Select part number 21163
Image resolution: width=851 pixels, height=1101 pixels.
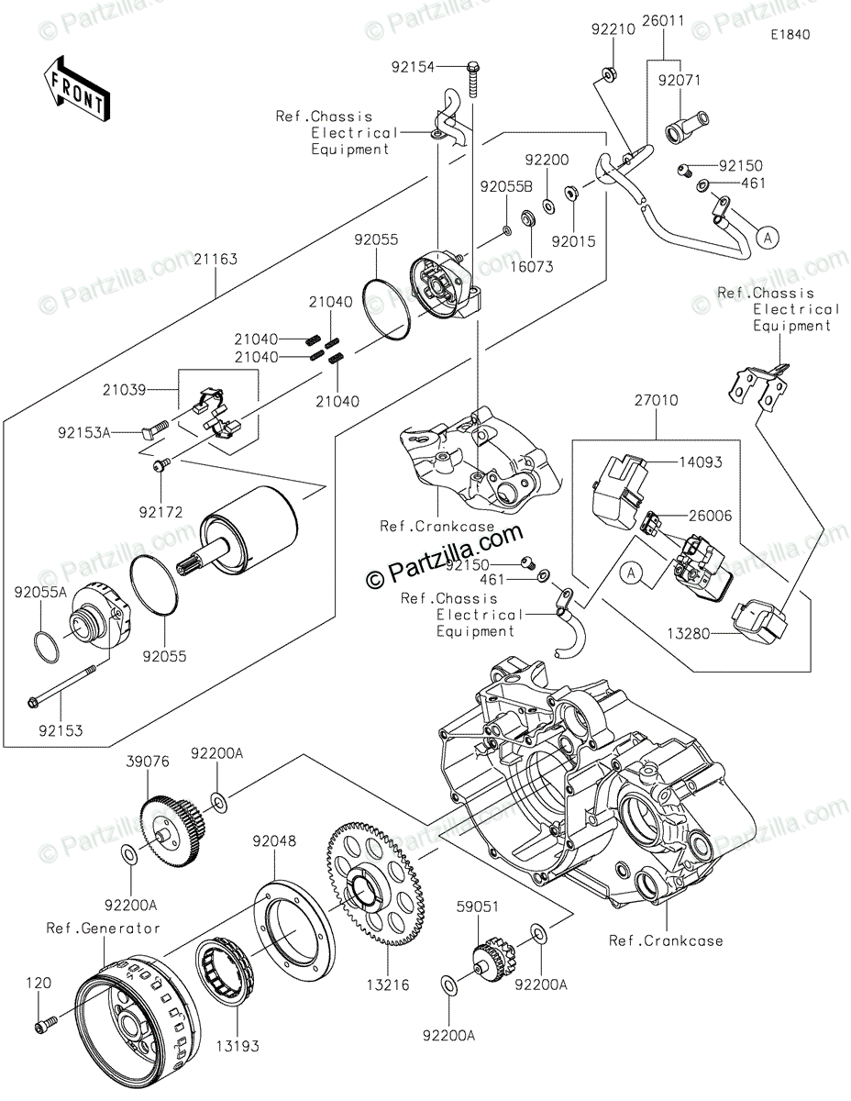coord(216,260)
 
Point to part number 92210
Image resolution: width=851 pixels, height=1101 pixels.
coord(613,29)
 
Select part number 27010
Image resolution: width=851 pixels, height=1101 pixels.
coord(656,401)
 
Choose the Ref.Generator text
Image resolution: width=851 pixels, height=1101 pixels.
coord(104,928)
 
